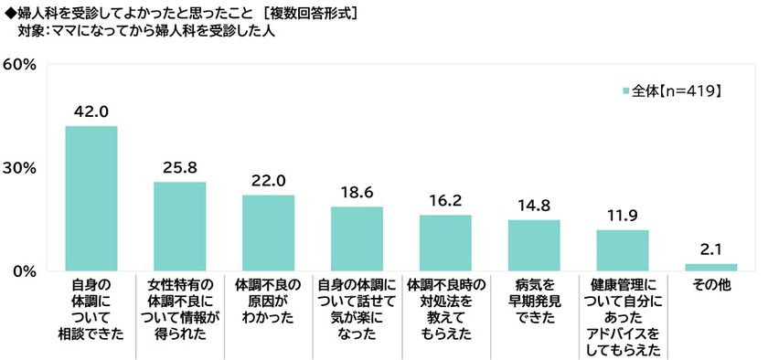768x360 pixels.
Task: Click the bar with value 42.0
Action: point(91,198)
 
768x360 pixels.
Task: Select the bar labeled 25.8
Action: point(179,226)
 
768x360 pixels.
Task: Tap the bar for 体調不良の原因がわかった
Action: point(268,233)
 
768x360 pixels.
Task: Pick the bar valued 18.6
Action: point(357,238)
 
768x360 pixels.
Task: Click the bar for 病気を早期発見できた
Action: point(534,245)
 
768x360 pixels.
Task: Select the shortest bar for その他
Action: point(710,267)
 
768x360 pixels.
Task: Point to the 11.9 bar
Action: point(622,250)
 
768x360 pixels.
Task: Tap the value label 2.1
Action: point(710,248)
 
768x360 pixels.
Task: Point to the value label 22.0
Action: point(268,179)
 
